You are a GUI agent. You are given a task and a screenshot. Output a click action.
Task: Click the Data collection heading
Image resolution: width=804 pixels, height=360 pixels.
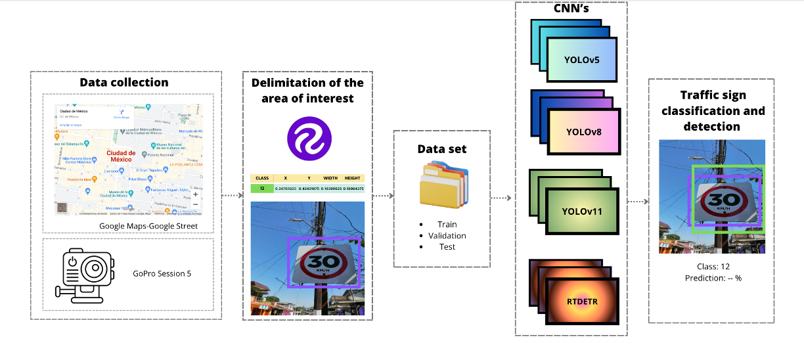click(124, 82)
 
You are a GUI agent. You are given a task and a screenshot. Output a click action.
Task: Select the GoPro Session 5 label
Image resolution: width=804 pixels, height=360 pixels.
click(162, 273)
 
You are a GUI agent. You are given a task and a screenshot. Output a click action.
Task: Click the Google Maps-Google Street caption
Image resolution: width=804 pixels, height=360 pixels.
click(148, 226)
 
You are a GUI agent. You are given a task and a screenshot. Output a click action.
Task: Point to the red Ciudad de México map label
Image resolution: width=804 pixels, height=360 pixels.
click(121, 156)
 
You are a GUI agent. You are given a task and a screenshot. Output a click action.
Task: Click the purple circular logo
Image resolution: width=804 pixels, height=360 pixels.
click(309, 139)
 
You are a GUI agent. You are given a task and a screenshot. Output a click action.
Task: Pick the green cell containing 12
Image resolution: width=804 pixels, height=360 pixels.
click(261, 189)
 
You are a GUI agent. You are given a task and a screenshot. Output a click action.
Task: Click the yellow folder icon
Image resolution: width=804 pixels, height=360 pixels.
click(441, 187)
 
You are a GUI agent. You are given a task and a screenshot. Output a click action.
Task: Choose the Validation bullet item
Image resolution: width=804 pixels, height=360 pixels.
click(447, 235)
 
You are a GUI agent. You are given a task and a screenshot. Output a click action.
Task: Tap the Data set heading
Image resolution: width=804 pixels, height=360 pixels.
click(442, 149)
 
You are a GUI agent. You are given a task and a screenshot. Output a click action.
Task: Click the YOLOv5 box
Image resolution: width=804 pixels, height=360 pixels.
click(581, 60)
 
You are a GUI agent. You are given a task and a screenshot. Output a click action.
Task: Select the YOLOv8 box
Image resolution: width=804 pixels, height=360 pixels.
click(584, 131)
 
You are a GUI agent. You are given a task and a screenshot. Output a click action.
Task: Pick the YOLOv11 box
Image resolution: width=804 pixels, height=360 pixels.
click(582, 212)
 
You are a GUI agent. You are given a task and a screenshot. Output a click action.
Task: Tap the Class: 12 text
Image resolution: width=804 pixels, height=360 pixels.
click(712, 267)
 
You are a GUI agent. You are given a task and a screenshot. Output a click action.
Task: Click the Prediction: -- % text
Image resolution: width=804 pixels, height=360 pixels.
click(712, 278)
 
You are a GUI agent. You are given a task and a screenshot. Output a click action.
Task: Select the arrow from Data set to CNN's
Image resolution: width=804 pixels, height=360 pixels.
click(502, 197)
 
